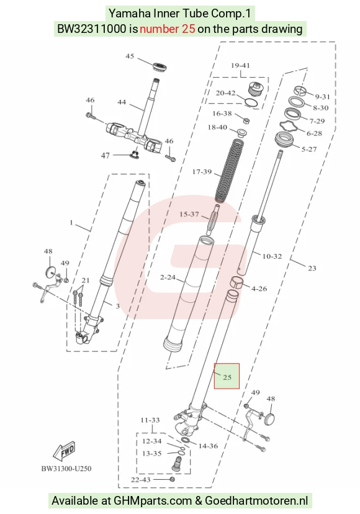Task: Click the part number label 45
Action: [130, 56]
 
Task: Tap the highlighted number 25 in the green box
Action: [227, 377]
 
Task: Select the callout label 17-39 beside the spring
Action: [202, 171]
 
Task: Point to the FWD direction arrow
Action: [65, 451]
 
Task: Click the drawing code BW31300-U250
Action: [66, 469]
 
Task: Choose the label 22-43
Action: [141, 480]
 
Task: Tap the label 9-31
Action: [322, 97]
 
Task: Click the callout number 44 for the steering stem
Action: [122, 102]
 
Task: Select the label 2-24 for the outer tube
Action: [168, 277]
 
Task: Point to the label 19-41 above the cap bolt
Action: [240, 65]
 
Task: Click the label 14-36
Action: [208, 446]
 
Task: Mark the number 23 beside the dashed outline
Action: [312, 268]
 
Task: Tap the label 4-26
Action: [259, 289]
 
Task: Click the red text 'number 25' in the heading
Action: [167, 29]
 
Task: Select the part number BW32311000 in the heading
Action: [91, 29]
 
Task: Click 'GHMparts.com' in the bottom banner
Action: [153, 501]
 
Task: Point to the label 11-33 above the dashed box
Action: [150, 420]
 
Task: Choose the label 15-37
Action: [189, 214]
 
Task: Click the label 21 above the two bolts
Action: [85, 280]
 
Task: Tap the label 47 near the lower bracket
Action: [106, 155]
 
